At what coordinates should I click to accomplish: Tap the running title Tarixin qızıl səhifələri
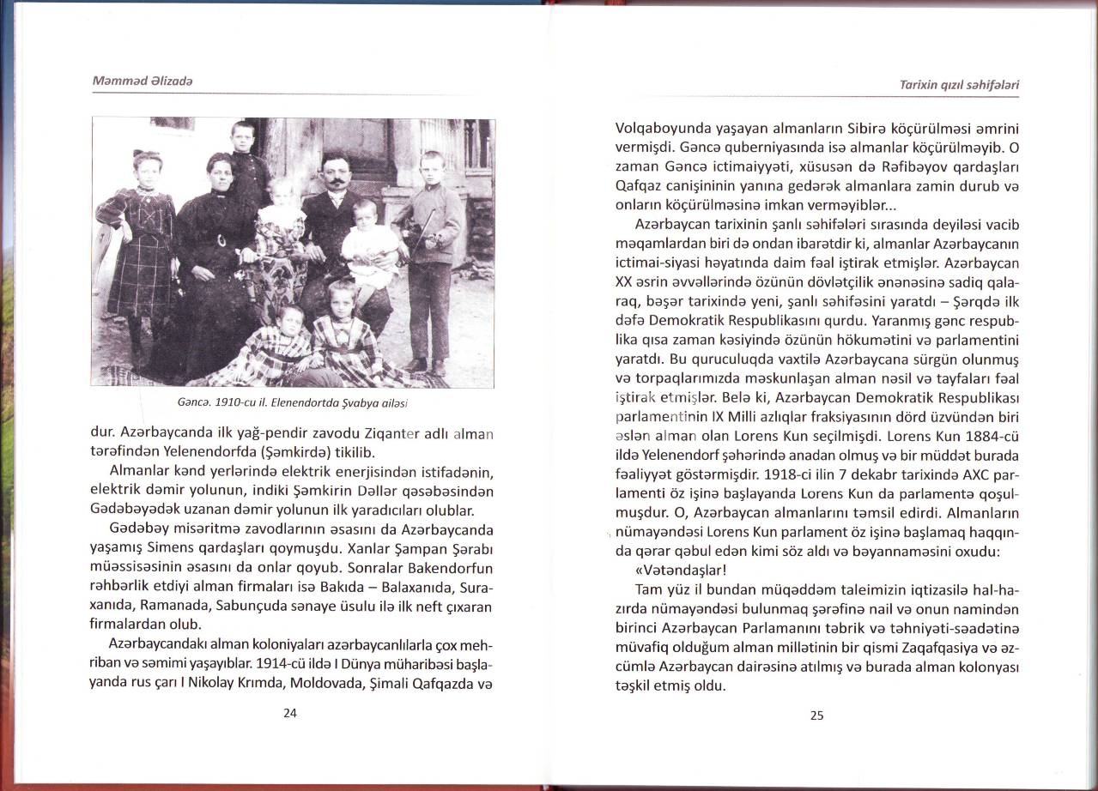[x=962, y=85]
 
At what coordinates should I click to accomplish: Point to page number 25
[x=816, y=716]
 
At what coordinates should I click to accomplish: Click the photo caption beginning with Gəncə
[x=292, y=401]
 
